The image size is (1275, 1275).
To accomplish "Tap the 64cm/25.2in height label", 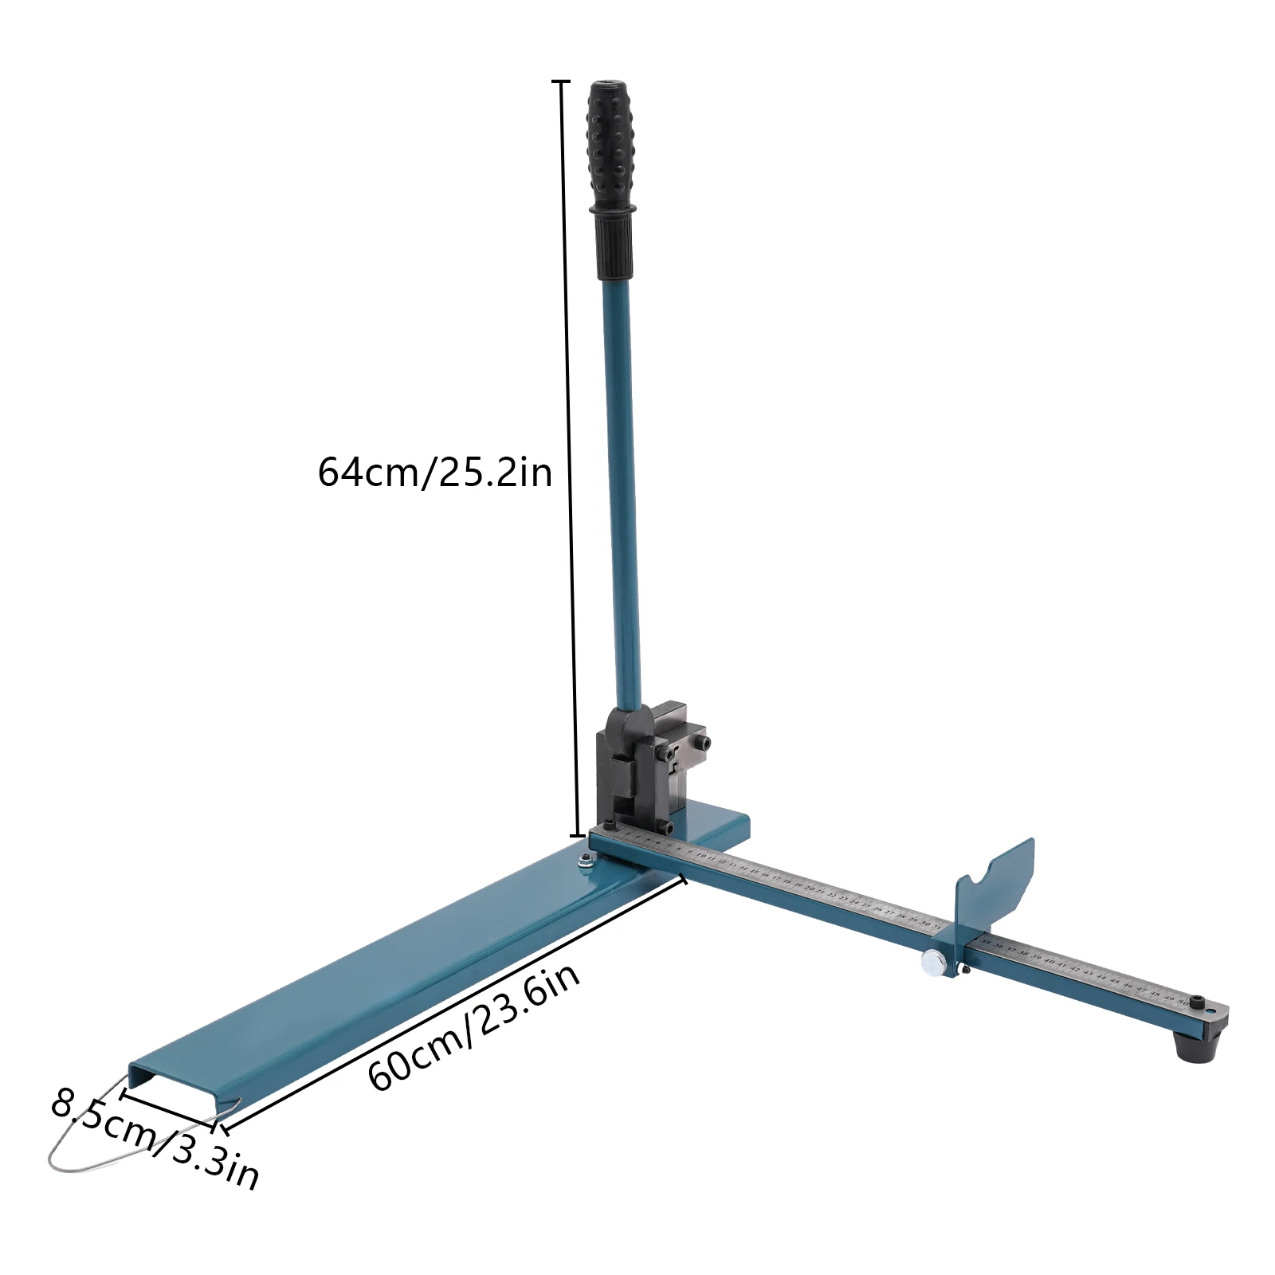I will (x=435, y=472).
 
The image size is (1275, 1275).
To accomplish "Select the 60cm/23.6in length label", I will (x=473, y=1027).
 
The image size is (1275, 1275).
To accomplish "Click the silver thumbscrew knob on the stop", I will (x=932, y=963).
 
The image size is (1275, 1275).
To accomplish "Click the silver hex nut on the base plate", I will (x=583, y=858).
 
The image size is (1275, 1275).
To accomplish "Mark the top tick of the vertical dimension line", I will (x=561, y=81).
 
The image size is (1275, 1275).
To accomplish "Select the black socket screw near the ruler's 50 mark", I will (x=1198, y=1000).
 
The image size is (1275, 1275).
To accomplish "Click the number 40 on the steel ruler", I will (x=1049, y=963).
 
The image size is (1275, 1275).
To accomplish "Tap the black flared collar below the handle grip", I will (x=614, y=209).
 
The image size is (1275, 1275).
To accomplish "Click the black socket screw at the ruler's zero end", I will (x=610, y=824).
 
